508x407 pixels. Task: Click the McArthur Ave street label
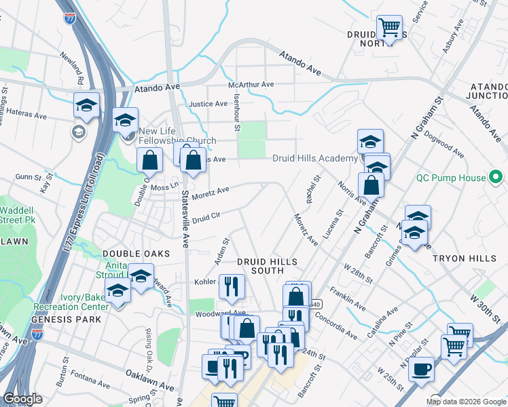(251, 85)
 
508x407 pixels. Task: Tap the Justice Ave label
(208, 104)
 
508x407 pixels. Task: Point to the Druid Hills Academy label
(314, 158)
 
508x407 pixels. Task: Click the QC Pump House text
(452, 178)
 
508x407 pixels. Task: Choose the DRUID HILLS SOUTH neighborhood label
(259, 265)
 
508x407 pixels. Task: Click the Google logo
(22, 399)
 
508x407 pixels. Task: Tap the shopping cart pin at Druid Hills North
(389, 28)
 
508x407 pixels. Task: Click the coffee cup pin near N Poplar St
(421, 369)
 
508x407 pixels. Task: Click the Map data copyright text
(466, 401)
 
